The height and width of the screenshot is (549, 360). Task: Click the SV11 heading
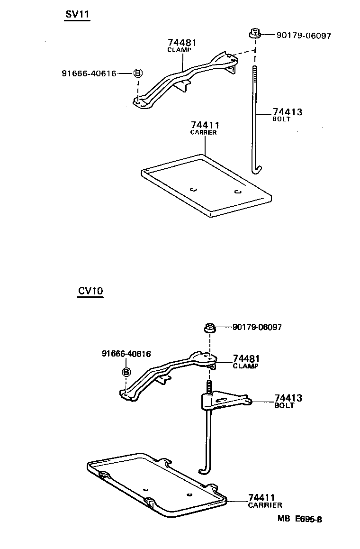[77, 15]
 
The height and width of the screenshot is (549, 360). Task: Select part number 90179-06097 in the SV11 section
[297, 36]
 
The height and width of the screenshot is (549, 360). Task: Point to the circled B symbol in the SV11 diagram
[137, 73]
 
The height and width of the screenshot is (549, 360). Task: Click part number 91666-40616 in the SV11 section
[89, 73]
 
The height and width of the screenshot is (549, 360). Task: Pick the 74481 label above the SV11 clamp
[182, 43]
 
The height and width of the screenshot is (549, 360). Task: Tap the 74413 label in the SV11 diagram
[287, 112]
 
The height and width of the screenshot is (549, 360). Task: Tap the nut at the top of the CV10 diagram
[209, 327]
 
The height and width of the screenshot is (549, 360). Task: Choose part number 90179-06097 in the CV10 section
[257, 328]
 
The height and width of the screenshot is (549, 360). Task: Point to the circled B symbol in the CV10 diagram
[126, 372]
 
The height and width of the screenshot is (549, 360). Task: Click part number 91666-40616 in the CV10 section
[126, 354]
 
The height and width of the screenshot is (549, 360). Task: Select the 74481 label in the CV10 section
[246, 359]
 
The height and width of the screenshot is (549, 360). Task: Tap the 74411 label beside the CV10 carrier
[262, 498]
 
